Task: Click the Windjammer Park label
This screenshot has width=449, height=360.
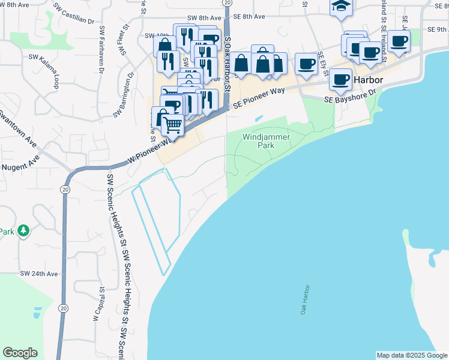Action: pos(266,142)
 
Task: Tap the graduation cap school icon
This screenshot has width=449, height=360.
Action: pos(341,7)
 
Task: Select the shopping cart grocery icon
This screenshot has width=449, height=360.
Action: pos(173,125)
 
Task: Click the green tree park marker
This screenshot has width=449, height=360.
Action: pos(23,230)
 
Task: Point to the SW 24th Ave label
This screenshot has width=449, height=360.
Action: pos(39,274)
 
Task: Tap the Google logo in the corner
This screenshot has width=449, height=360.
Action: pos(20,353)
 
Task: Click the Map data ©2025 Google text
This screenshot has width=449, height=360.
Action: pos(411,355)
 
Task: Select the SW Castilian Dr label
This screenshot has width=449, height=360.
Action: pos(74,15)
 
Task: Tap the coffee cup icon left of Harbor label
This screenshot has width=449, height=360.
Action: pos(340,79)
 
